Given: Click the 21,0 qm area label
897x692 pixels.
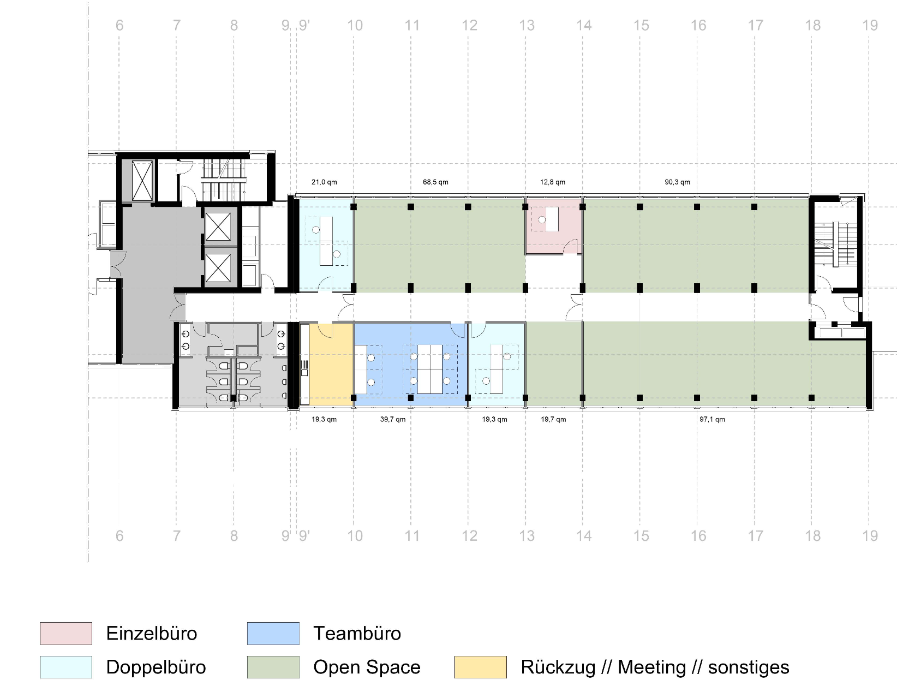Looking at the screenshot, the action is pos(324,182).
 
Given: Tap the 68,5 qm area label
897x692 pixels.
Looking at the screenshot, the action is pos(435,182).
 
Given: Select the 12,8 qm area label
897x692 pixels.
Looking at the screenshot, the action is pos(553,182).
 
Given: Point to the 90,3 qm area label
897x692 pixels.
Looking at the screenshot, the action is pos(678,182).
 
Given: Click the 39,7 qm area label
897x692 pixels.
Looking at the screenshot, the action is pos(392,420).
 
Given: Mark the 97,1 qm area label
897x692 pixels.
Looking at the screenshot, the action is pos(712,420).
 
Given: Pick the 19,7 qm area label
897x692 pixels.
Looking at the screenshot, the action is pos(554,420).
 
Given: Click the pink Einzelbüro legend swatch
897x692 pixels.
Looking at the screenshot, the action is pos(66,634).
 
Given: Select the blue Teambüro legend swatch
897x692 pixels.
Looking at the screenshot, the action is pos(273,634).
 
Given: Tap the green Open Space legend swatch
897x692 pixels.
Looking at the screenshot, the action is pos(273,667).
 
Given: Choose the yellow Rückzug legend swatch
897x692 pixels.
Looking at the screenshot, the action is pos(481,667).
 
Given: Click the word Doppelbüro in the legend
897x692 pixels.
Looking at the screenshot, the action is pos(156,667).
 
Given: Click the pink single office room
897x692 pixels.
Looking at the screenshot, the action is pos(553,226).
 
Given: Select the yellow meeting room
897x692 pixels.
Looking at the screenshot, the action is pos(331,365).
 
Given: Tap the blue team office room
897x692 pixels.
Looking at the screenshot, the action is pos(411,365).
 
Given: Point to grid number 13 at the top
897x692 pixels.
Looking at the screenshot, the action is pos(527,26).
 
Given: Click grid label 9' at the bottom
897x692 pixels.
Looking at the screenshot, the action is pos(304,536).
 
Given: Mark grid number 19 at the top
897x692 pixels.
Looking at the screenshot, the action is pos(870,26).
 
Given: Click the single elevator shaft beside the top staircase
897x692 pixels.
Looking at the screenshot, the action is pos(142,181).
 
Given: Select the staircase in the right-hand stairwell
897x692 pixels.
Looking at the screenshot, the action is pos(837,245).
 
